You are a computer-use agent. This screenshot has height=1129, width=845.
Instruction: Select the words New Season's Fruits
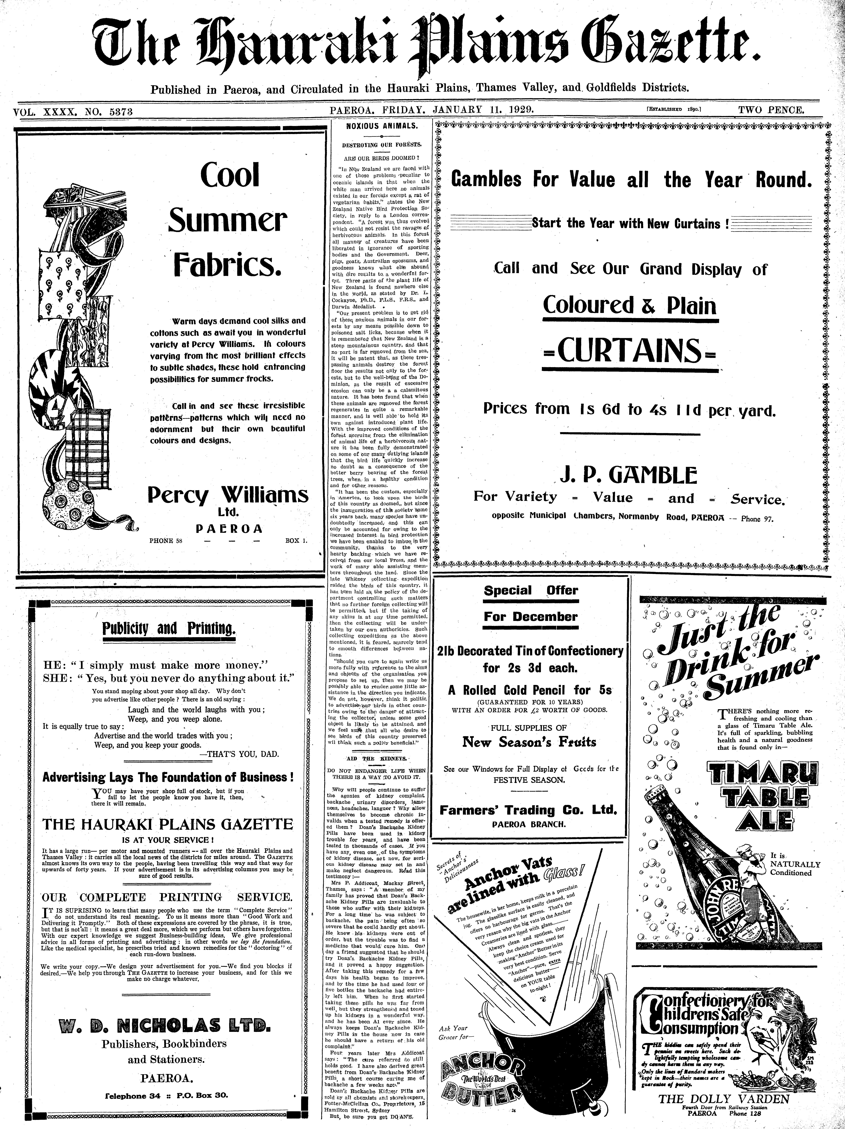pyautogui.click(x=529, y=742)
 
